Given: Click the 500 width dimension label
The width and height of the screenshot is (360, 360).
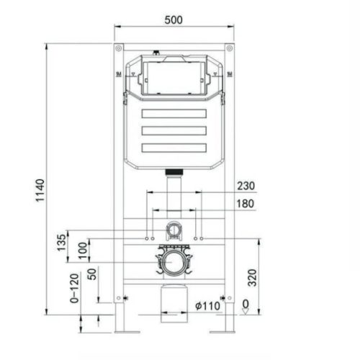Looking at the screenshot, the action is point(174,19).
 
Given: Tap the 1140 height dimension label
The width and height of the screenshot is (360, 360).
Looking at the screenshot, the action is point(40,190).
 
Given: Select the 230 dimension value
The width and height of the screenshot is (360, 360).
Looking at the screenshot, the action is point(246,186).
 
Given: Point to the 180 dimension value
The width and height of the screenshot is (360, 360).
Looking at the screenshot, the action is point(246,204).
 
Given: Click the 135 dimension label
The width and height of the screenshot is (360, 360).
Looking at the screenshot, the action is point(61,243).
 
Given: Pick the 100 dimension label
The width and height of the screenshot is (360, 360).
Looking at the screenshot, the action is point(83,251).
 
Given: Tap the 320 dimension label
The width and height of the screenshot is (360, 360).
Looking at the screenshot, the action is point(252,278).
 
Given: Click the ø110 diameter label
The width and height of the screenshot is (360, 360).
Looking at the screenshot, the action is point(207,306).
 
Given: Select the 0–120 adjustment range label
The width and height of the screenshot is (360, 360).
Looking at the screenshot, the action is point(74,288).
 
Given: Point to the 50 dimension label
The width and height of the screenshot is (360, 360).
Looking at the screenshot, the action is point(92,274).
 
